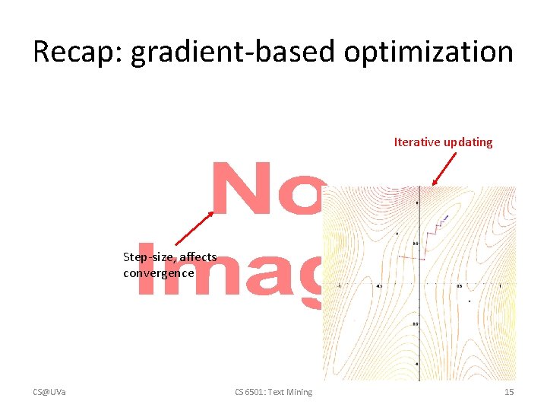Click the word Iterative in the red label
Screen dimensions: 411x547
pyautogui.click(x=416, y=142)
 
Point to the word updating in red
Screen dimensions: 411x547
pyautogui.click(x=467, y=142)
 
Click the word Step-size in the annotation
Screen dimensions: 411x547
pyautogui.click(x=150, y=257)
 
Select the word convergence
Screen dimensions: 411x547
pyautogui.click(x=158, y=272)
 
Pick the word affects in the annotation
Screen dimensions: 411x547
pyautogui.click(x=198, y=257)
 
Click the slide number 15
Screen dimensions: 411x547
pyautogui.click(x=509, y=392)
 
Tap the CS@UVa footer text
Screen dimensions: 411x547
pyautogui.click(x=49, y=392)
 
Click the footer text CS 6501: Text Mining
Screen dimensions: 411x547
pyautogui.click(x=273, y=392)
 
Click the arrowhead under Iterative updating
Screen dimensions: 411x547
pyautogui.click(x=434, y=183)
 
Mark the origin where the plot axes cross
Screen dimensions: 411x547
pyautogui.click(x=416, y=283)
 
